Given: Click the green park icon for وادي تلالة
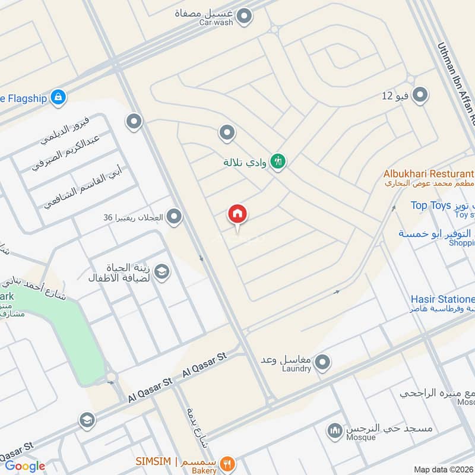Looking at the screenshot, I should coord(278,161).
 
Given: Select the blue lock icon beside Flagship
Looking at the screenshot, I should coord(58,96).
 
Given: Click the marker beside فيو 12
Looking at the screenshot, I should coord(420,95).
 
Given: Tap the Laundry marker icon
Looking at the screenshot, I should coord(322,362).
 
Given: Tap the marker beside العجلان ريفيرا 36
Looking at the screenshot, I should coord(174,217).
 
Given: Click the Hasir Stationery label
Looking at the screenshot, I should coord(442,299).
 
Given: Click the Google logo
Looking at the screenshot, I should coord(25,466).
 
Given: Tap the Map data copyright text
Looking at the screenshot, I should coord(443,469).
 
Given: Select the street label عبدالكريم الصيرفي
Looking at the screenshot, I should coord(70,154).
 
